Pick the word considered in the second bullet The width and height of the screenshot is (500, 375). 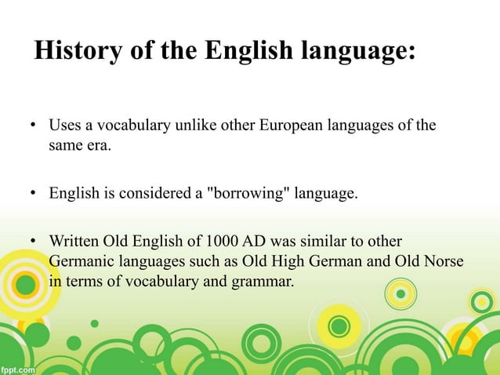click(x=156, y=193)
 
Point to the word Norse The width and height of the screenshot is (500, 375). click(x=440, y=259)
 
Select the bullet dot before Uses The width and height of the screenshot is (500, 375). click(x=34, y=126)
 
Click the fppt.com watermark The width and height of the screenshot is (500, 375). click(x=17, y=367)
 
